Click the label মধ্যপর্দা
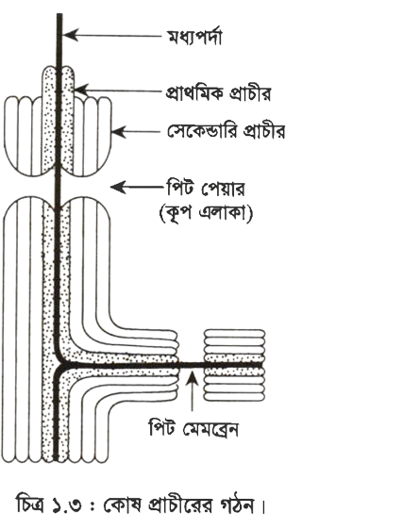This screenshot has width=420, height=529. click(x=194, y=37)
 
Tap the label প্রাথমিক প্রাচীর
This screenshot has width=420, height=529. click(x=218, y=92)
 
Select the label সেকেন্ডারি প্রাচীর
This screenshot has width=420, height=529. click(x=227, y=131)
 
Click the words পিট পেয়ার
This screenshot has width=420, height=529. click(x=206, y=189)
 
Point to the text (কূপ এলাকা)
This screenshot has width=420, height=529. click(x=206, y=213)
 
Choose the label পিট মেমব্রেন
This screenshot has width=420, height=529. click(x=193, y=428)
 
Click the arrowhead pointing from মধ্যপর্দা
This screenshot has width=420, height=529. click(x=70, y=35)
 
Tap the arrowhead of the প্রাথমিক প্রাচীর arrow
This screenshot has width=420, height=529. click(x=81, y=91)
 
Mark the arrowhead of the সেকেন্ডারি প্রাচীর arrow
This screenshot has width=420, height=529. click(x=119, y=132)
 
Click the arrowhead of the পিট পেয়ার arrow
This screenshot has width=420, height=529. click(x=118, y=188)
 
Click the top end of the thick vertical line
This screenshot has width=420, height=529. click(x=59, y=14)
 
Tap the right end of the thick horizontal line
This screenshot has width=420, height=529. click(x=261, y=365)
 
